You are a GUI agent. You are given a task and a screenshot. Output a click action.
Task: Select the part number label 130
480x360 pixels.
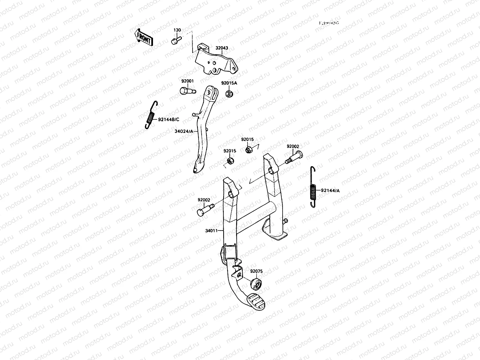coord(178,30)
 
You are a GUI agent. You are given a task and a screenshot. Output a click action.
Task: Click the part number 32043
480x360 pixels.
coord(221,47)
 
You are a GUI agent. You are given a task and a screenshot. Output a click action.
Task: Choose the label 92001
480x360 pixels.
coord(187,81)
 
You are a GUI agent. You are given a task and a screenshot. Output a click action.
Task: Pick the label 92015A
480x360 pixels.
coord(229,83)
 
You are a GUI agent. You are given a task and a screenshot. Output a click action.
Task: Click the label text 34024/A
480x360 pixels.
coord(184,131)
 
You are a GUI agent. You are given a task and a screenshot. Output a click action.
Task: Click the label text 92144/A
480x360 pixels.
coord(330,190)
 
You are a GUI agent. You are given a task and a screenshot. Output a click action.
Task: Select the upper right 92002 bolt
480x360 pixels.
coord(294,158)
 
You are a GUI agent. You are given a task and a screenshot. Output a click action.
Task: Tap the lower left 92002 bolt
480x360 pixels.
coord(204,209)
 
